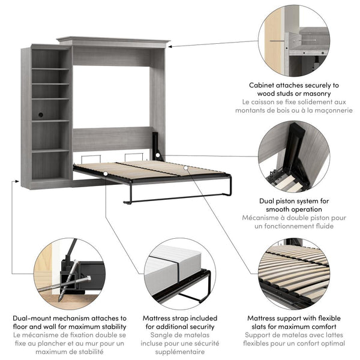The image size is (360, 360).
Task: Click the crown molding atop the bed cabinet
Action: [x=113, y=42]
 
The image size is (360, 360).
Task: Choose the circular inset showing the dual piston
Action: [x=294, y=157]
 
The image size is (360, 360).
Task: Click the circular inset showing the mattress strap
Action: [x=179, y=272]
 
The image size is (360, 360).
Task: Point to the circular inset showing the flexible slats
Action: [x=294, y=272]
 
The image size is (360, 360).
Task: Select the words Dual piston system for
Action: [x=294, y=201]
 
